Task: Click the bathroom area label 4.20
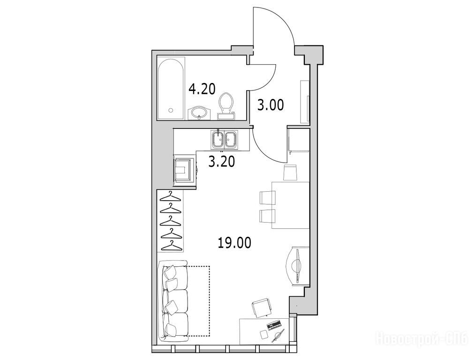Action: point(202,90)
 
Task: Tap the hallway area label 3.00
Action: point(271,105)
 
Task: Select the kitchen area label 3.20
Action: point(221,162)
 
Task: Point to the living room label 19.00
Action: point(234,243)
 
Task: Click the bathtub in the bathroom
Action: point(171,89)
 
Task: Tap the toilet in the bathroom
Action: point(226,106)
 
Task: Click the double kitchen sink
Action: point(225,140)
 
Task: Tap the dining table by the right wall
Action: point(291,205)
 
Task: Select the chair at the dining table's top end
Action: point(290,172)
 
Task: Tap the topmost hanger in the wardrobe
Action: point(171,197)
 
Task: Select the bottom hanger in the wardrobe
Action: point(172,246)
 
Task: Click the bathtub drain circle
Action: point(171,111)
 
